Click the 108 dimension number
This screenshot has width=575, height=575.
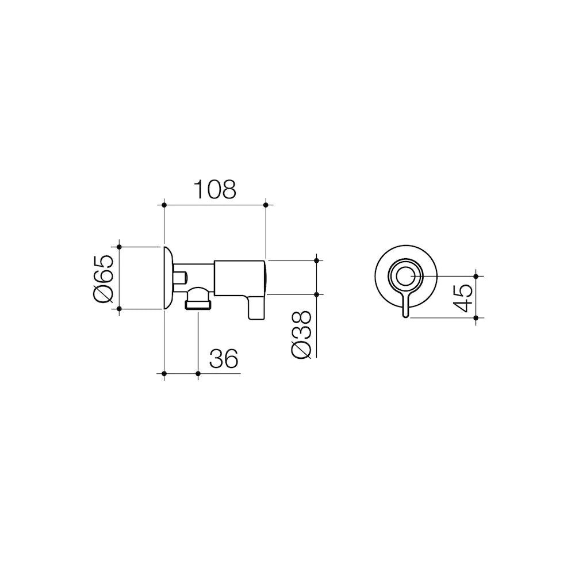tap(214, 189)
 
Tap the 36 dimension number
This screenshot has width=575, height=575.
tap(223, 359)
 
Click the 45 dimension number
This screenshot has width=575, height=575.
tap(463, 297)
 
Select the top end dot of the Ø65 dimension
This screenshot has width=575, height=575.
tap(120, 247)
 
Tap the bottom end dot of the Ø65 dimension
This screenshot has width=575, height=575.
tap(120, 309)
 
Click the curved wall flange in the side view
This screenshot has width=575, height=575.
tap(167, 278)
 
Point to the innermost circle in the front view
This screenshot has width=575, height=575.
tap(406, 277)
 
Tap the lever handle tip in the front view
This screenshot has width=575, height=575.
tap(406, 314)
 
